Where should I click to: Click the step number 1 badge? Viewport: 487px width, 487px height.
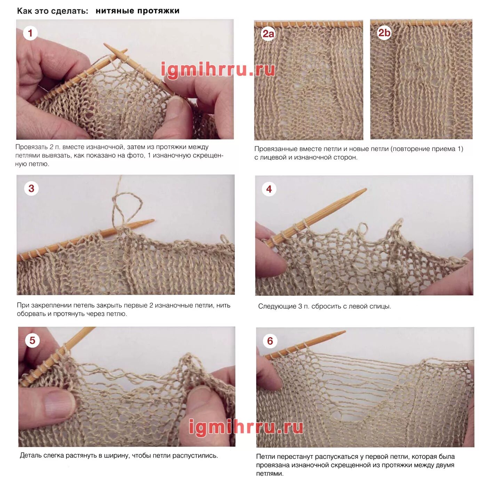point(30,33)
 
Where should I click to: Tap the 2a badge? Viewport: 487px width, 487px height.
point(268,34)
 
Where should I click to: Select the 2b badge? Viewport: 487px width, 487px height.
point(384,33)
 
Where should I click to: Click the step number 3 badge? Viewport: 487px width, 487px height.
point(31,188)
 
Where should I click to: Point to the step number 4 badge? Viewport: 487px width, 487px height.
point(269,189)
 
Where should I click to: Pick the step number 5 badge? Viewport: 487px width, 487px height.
point(32,340)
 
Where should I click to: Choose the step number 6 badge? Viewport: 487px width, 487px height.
point(270,341)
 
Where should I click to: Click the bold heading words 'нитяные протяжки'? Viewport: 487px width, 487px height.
point(137,11)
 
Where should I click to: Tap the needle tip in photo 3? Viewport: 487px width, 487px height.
point(153,221)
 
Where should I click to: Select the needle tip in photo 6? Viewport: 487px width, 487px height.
point(345,331)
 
